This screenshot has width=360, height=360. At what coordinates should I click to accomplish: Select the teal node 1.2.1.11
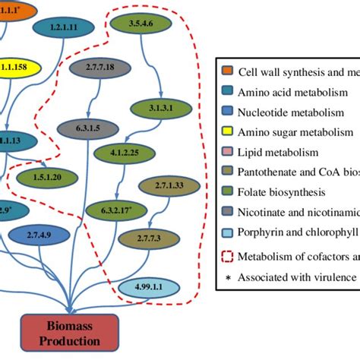click(64, 27)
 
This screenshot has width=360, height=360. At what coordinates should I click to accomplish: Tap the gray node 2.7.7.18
click(99, 68)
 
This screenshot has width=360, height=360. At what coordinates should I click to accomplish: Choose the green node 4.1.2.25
click(124, 154)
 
